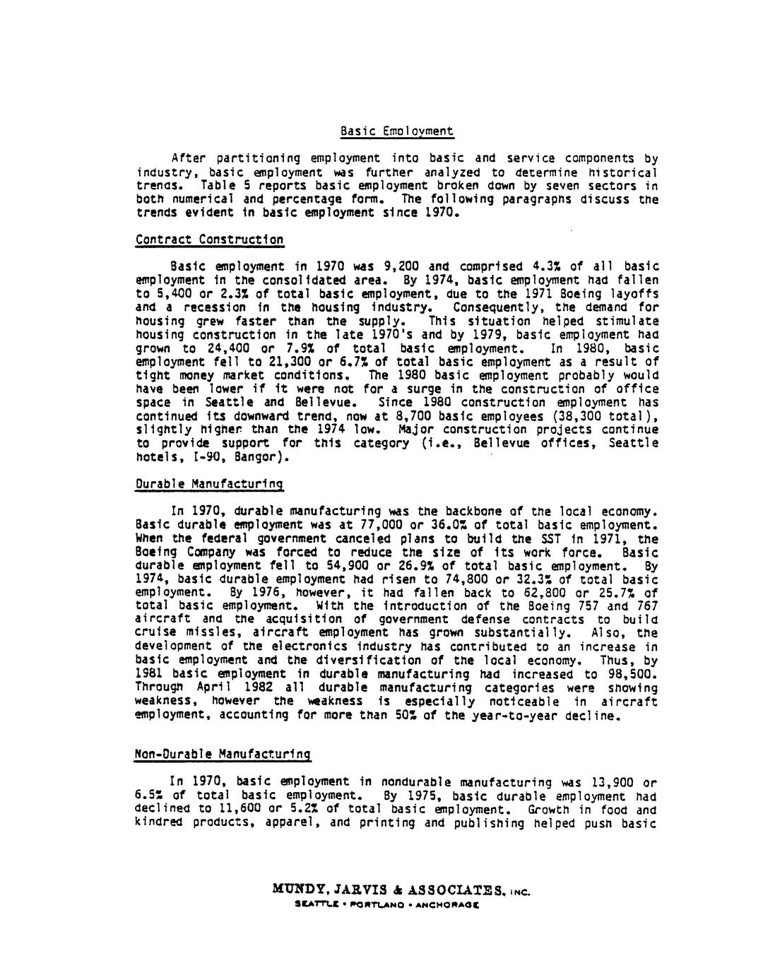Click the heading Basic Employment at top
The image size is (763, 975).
(396, 131)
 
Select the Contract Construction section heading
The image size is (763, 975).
(210, 240)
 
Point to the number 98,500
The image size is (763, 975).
(632, 674)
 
